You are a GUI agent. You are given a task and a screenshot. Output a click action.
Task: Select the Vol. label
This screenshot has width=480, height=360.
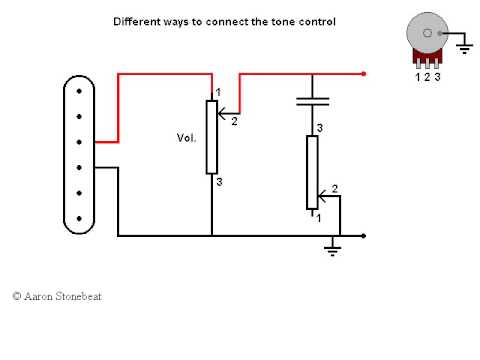pyautogui.click(x=186, y=137)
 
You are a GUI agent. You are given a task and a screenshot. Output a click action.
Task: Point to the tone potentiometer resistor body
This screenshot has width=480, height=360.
pyautogui.click(x=312, y=172)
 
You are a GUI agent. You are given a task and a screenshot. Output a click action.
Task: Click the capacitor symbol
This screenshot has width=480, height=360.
pyautogui.click(x=312, y=101)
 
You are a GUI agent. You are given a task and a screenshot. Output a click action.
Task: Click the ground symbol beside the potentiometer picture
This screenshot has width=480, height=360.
pyautogui.click(x=463, y=43)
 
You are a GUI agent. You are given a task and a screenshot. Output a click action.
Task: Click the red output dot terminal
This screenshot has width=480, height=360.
pyautogui.click(x=364, y=73)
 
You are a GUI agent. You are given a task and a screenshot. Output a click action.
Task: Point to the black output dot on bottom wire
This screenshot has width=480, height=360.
pyautogui.click(x=364, y=236)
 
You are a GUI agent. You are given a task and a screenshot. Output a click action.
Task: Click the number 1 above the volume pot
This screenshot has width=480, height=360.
pyautogui.click(x=218, y=93)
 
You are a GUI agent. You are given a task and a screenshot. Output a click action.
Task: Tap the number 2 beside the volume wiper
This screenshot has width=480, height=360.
pyautogui.click(x=234, y=122)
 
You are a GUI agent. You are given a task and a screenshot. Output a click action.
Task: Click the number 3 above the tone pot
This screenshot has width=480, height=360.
pyautogui.click(x=319, y=129)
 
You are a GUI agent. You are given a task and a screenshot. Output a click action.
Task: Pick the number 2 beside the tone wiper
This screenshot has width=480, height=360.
pyautogui.click(x=334, y=188)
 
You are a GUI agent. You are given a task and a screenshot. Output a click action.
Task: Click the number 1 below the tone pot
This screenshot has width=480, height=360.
pyautogui.click(x=319, y=216)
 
